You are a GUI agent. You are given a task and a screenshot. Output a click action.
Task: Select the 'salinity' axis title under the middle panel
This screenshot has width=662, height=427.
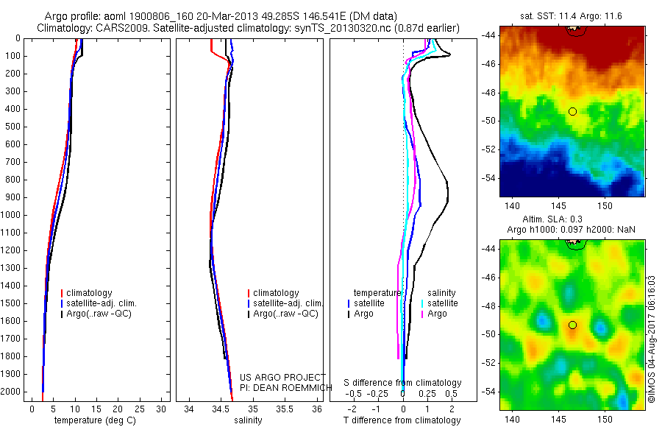click(x=248, y=420)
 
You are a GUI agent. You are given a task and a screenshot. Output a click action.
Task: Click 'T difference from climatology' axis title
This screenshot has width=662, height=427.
click(x=402, y=420)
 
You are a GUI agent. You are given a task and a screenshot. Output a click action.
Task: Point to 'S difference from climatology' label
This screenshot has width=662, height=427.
click(x=402, y=383)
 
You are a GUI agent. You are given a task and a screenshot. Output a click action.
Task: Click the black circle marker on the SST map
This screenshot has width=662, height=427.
click(x=572, y=111)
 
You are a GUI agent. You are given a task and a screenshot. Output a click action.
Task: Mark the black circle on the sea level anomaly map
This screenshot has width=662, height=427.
click(x=572, y=325)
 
